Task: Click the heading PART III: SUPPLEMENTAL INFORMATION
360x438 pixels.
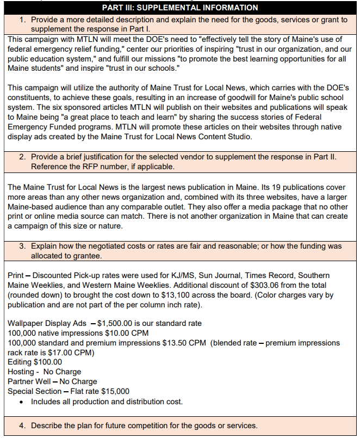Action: tap(179, 8)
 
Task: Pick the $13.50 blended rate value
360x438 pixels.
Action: tap(174, 343)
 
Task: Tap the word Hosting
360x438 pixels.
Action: tap(21, 372)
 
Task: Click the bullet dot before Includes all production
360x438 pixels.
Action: tap(21, 402)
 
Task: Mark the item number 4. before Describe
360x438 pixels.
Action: tap(23, 425)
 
